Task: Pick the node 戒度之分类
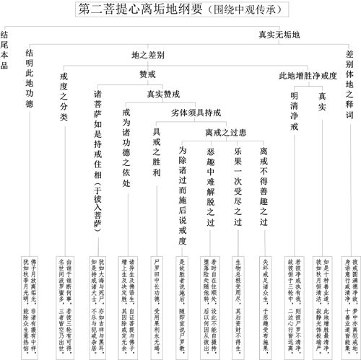64,97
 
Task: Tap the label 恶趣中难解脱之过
210,188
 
